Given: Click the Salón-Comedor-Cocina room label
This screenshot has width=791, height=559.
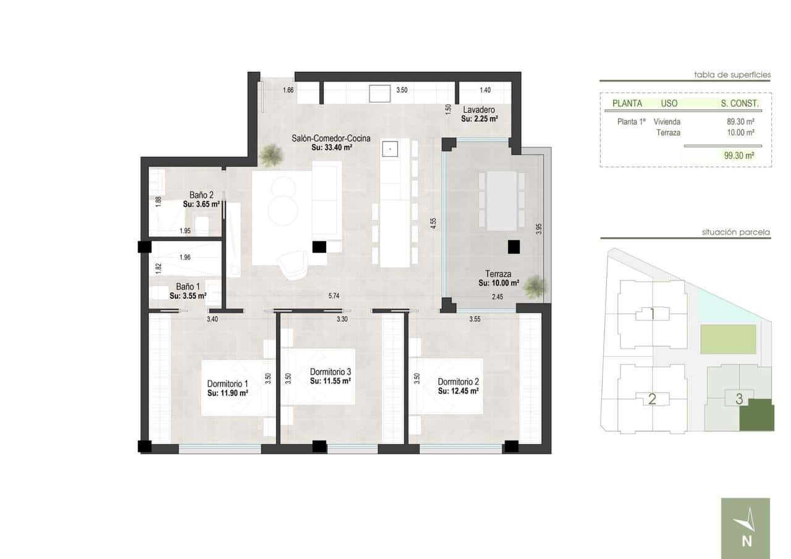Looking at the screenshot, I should click(331, 138).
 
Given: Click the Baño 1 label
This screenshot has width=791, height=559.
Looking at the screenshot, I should click(188, 287).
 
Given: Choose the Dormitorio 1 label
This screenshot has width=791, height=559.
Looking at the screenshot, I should click(227, 383).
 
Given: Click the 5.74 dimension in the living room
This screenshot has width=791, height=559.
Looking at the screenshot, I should click(334, 296).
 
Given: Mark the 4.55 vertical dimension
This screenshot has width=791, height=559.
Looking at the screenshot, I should click(434, 222).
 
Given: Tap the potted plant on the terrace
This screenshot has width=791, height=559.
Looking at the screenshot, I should click(535, 285).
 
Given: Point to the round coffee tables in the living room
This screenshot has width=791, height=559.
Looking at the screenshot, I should click(282, 199).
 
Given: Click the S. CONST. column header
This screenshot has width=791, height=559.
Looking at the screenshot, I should click(739, 103).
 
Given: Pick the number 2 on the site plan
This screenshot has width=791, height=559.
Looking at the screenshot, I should click(651, 399).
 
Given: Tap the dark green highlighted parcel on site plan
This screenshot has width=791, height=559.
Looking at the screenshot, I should click(756, 415).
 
